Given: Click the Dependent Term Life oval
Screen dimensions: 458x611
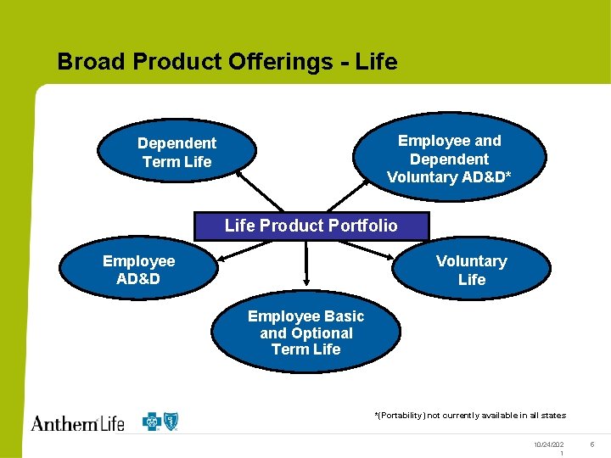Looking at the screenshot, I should click(177, 153).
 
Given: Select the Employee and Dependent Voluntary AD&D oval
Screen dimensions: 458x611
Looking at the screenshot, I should click(449, 159).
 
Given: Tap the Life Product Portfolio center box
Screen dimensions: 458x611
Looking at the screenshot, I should click(311, 226).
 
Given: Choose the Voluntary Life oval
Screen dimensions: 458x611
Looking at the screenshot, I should click(471, 270).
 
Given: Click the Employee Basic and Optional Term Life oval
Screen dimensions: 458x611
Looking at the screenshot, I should click(305, 332).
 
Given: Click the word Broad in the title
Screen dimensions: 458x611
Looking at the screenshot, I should click(90, 62).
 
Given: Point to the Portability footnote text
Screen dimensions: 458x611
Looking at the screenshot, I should click(470, 416).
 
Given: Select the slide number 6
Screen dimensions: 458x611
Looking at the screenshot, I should click(592, 444).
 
